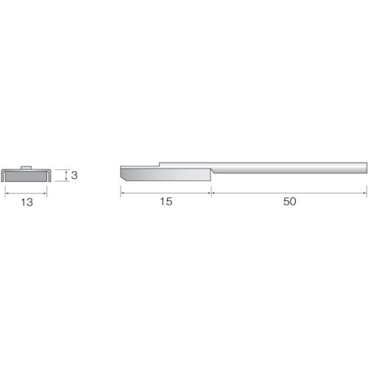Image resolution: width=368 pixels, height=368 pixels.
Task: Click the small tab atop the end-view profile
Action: [26, 168]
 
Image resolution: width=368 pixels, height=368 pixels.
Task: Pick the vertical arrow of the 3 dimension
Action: [67, 175]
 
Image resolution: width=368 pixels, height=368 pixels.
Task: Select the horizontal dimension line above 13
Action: [26, 192]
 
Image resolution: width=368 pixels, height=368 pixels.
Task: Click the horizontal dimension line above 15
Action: [166, 192]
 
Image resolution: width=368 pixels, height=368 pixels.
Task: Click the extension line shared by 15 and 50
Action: [211, 188]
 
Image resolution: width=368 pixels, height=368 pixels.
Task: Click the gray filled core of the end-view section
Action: [26, 176]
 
